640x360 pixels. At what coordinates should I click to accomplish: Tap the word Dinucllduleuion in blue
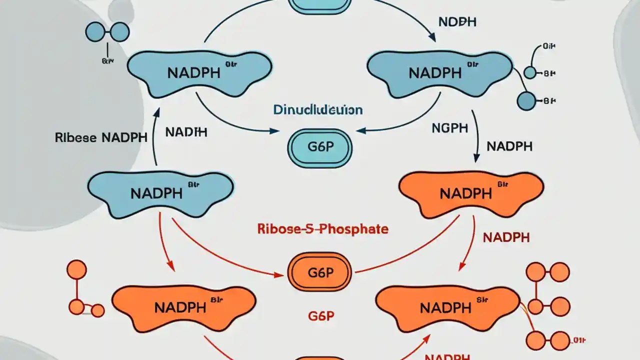click(x=318, y=109)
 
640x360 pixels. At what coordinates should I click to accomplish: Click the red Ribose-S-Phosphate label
click(x=322, y=229)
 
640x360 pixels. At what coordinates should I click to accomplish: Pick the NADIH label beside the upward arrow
click(x=186, y=132)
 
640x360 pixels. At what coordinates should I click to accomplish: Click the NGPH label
click(x=449, y=128)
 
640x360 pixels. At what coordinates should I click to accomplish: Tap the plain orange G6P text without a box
click(x=319, y=315)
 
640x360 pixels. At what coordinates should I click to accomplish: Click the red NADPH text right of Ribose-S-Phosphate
click(x=506, y=237)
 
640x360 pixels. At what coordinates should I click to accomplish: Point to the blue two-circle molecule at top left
click(x=107, y=33)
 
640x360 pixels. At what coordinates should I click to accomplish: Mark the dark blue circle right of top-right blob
click(x=526, y=100)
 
